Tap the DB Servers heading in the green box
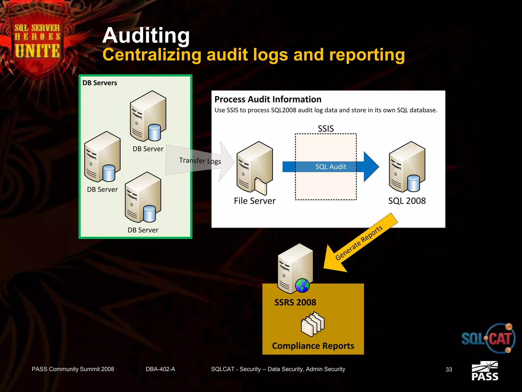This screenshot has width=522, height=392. pos(100,83)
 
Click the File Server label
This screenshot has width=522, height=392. pos(255,201)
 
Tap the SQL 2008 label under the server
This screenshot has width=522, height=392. pos(407,201)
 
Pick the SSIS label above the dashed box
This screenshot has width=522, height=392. pos(325,128)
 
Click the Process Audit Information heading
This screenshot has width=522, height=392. pos(268,99)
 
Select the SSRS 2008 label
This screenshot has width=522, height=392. pos(295,302)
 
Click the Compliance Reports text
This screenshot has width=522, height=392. pos(313,346)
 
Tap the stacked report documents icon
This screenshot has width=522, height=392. pos(313,324)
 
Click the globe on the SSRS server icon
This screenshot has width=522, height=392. pos(302,285)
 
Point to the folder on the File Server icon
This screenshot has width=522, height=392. pos(260,186)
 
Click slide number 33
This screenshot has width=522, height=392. pos(449,369)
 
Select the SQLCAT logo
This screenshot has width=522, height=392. pos(488,338)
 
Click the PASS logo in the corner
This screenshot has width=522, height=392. pos(485,371)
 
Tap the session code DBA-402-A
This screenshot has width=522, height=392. pos(160,369)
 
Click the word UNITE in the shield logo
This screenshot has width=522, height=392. pos(37,51)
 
